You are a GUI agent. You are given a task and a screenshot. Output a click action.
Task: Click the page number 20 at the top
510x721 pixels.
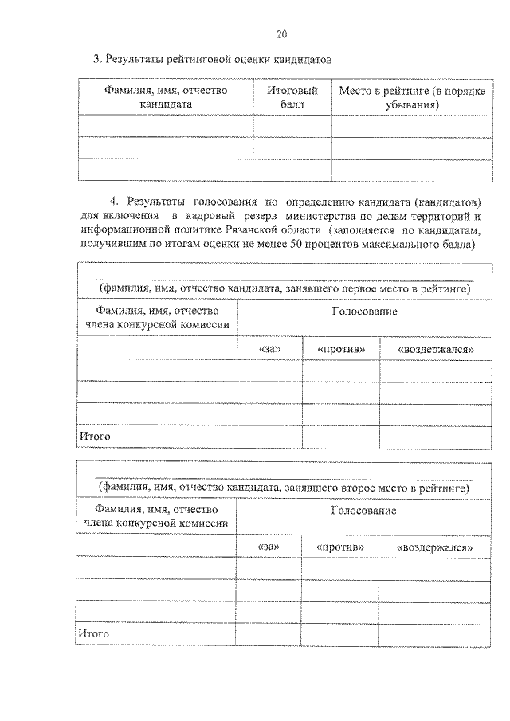(x=281, y=33)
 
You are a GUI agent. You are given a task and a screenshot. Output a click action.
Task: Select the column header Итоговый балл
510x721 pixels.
(x=292, y=97)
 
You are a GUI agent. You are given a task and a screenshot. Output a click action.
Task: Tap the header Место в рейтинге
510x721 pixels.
(x=412, y=97)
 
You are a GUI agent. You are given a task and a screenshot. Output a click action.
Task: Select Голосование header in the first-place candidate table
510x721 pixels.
(x=364, y=311)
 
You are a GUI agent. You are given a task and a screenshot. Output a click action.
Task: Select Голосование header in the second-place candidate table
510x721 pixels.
(x=363, y=510)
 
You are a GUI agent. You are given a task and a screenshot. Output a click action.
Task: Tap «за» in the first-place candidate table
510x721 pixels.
(x=269, y=349)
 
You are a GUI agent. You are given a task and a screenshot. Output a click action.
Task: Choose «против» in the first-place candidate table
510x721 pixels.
(x=341, y=349)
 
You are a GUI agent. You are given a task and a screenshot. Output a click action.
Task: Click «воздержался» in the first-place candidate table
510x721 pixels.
(x=430, y=349)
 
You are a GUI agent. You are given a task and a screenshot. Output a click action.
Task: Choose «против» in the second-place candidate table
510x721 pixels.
(x=340, y=547)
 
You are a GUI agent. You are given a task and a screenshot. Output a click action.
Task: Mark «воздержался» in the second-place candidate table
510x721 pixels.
(x=430, y=547)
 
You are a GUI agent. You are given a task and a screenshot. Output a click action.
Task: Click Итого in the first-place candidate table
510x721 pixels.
(x=94, y=436)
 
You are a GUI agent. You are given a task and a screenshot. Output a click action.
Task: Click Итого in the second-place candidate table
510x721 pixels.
(x=94, y=633)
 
